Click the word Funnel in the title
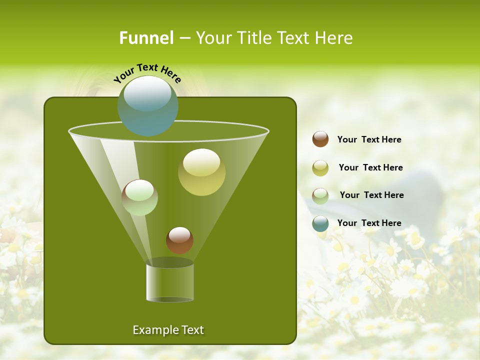pos(146,38)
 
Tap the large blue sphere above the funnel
pos(147,106)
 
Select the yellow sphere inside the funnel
pos(201,172)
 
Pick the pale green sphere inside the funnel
pos(140,197)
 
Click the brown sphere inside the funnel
pos(179,240)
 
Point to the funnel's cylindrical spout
pos(170,282)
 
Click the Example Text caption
pos(168,330)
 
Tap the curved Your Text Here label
pos(147,73)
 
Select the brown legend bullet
pos(320,139)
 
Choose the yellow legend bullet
pos(320,168)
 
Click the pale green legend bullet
pos(320,195)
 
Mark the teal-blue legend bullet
pos(320,223)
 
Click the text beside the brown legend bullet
pos(369,140)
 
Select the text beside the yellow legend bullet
pos(370,168)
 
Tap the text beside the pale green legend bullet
pos(371,195)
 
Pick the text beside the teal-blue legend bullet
pos(369,223)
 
